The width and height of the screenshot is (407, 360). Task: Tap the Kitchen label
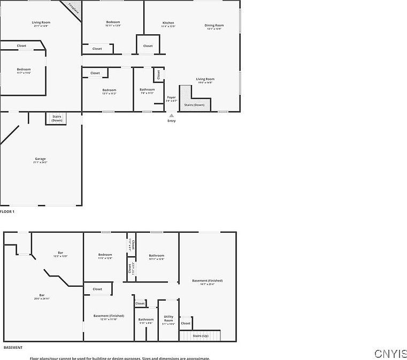pos(168,23)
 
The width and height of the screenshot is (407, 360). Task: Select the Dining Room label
pos(214,25)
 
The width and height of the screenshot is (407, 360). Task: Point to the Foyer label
pos(171,97)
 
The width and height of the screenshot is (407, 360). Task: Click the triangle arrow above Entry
pos(171,115)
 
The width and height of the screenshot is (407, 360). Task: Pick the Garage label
pos(40,159)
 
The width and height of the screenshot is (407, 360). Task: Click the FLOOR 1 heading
pos(7,212)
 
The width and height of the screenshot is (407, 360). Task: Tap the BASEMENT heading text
pos(13,347)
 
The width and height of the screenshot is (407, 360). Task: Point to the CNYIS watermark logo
pos(390,354)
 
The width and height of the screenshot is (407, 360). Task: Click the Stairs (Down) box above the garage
pos(57,118)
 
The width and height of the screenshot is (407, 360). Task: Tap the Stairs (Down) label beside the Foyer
pos(194,105)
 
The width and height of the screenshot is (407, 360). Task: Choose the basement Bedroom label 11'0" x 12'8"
pos(105,255)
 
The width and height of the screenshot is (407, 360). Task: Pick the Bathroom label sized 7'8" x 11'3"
pos(147,89)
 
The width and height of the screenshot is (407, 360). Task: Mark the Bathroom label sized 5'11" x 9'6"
pos(146,320)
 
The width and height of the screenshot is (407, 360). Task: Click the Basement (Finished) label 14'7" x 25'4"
pos(207,281)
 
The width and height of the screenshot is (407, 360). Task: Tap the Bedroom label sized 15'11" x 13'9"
pos(113,22)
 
